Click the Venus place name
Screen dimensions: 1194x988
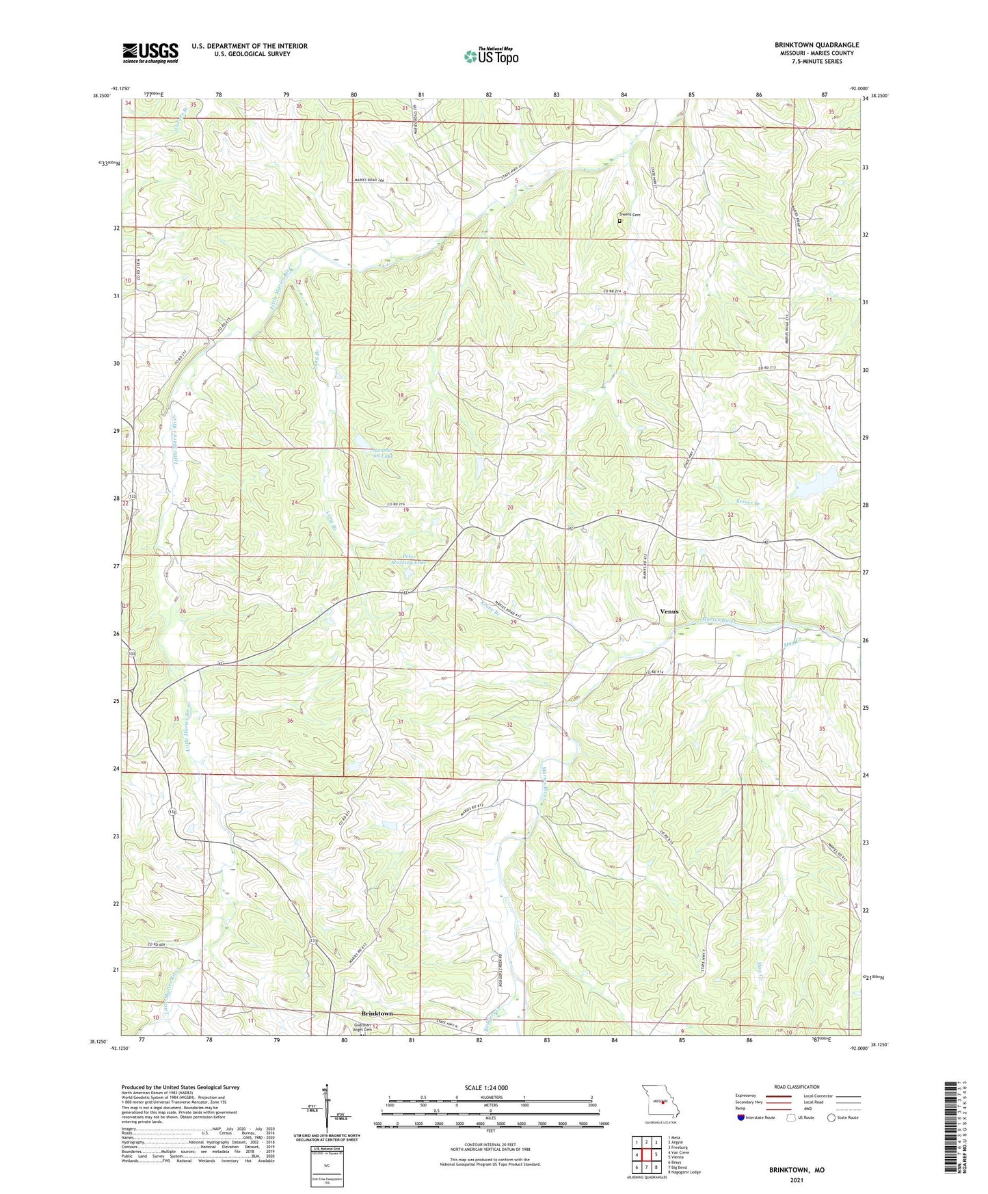[669, 611]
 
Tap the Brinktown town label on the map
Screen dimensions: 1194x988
[377, 1013]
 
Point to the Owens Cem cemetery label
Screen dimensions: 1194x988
[630, 215]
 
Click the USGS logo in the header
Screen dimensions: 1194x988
[150, 52]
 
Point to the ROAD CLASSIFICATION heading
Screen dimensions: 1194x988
[797, 1087]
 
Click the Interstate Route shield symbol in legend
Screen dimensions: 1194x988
[741, 1117]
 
